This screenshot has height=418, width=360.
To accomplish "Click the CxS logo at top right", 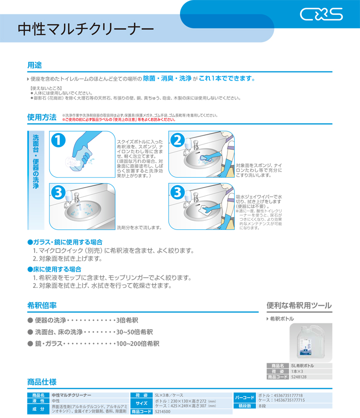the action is click(x=321, y=14).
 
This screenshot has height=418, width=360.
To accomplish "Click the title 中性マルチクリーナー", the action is click(x=86, y=29).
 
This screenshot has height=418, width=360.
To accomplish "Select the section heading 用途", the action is click(x=35, y=65).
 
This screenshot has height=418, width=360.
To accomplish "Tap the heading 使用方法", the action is click(x=42, y=117).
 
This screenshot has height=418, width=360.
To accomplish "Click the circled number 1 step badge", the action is click(x=59, y=140).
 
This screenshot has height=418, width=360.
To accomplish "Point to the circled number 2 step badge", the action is click(x=177, y=140).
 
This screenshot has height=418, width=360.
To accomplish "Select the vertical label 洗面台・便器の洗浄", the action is click(x=36, y=162).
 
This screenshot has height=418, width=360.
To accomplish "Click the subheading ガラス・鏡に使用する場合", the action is click(x=65, y=242).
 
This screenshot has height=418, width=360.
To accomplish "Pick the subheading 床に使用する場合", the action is click(x=54, y=269).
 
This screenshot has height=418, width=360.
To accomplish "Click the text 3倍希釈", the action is click(x=127, y=320).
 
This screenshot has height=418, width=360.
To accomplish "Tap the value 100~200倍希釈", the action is click(x=138, y=344).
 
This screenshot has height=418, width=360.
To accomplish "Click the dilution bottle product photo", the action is click(x=311, y=343).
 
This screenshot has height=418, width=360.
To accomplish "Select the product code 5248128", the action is click(x=299, y=377).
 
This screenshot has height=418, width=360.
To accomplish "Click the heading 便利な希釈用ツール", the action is click(x=299, y=306).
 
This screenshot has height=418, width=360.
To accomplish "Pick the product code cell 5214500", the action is click(x=163, y=412).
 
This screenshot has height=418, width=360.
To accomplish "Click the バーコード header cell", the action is click(x=244, y=397).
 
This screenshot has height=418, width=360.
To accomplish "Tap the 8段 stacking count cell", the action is click(x=263, y=406).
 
